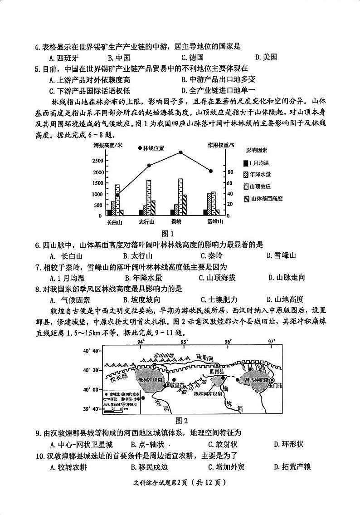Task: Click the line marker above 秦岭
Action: coord(180,152)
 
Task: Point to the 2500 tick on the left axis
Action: coord(98,161)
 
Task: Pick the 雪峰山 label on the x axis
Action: coord(214,222)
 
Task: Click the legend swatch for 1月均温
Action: coord(246,163)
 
